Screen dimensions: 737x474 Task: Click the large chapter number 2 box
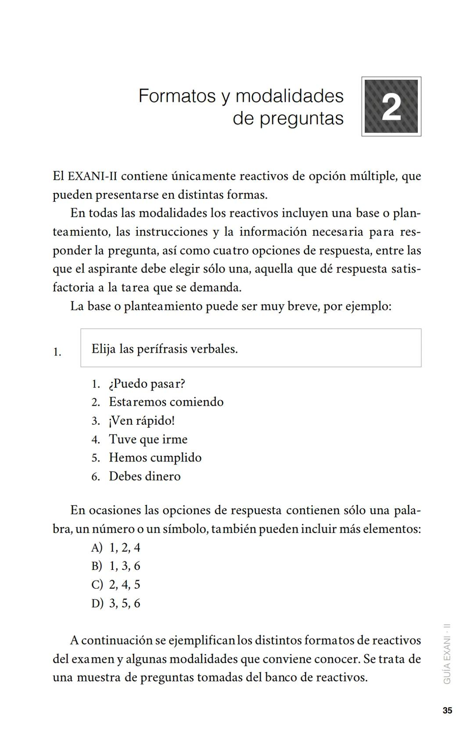tap(391, 107)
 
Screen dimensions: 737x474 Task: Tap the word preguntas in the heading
tap(302, 118)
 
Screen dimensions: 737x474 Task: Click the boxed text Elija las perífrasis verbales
tap(165, 349)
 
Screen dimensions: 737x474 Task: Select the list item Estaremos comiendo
tap(166, 402)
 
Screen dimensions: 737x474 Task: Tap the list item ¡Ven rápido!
tap(141, 421)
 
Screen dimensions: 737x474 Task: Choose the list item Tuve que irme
tap(148, 439)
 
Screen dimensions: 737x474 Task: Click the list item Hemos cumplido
tap(155, 458)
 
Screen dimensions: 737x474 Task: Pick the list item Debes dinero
tap(144, 476)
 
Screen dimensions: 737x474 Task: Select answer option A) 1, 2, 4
tap(116, 547)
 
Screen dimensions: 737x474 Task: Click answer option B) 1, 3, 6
tap(116, 566)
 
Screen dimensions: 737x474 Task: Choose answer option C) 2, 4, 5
tap(116, 585)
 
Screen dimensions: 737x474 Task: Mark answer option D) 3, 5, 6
tap(116, 603)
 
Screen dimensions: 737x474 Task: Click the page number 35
tap(447, 711)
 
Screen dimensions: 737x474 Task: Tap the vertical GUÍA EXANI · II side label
tap(447, 654)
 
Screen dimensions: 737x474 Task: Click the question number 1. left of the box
tap(57, 352)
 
